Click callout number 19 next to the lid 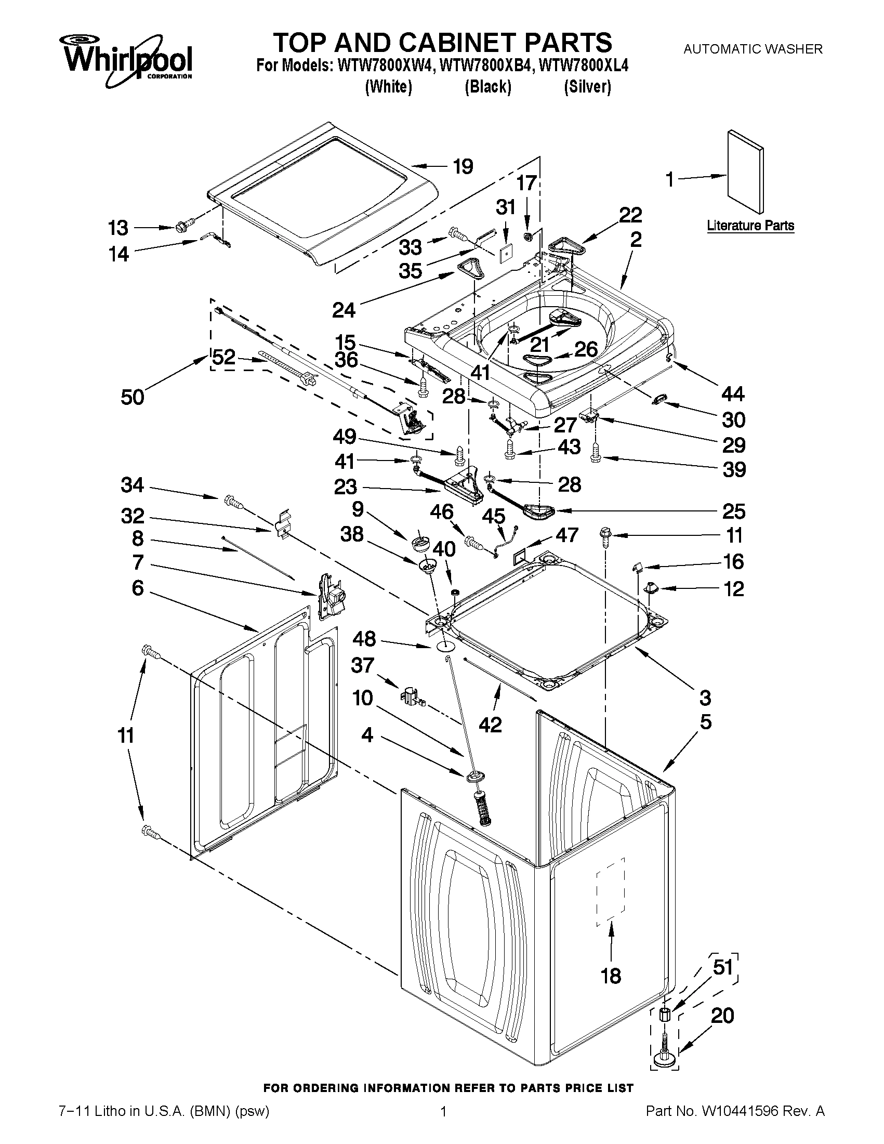coord(463,166)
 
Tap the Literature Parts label coord(750,226)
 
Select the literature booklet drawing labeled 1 coord(745,172)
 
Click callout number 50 coord(132,397)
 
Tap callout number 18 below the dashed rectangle coord(611,975)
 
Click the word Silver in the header coord(587,86)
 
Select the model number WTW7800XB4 coord(487,67)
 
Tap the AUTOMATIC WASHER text coord(753,49)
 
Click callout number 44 coord(733,393)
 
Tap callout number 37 coord(362,666)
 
